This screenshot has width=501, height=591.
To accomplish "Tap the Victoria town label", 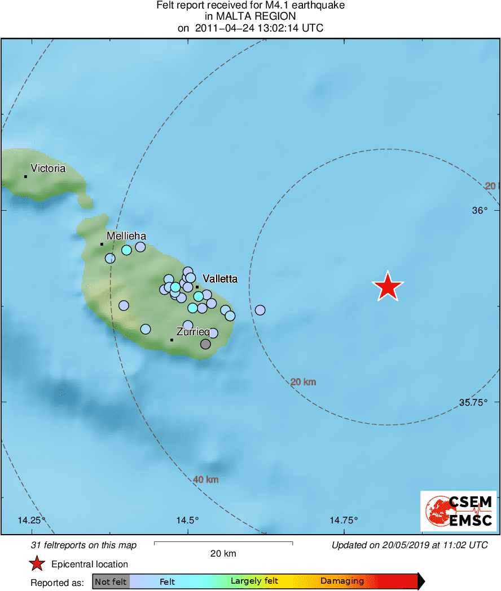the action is (x=48, y=168).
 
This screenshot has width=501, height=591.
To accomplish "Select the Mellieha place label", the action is (x=126, y=236).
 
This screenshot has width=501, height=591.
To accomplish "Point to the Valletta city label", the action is (x=219, y=279).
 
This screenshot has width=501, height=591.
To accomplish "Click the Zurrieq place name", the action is (x=193, y=332).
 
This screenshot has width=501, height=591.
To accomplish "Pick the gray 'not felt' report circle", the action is (x=205, y=344).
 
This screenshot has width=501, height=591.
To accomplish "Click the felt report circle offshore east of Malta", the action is (x=260, y=310).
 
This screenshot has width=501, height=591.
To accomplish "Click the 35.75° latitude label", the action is (x=473, y=402).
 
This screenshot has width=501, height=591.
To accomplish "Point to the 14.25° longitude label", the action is (x=32, y=520).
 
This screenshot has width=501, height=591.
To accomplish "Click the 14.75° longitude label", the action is (x=344, y=520).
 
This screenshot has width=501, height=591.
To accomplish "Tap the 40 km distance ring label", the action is (x=206, y=480).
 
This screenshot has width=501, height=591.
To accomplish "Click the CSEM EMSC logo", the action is (x=459, y=510).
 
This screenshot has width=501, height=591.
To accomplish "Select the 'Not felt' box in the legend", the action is (x=111, y=581).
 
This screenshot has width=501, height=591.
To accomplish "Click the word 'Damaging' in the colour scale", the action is (x=342, y=581).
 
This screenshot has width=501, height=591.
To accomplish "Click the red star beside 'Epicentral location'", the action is (x=37, y=563).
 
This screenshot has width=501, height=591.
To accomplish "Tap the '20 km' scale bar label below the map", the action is (x=223, y=553).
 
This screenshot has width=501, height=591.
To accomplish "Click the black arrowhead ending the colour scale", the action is (x=421, y=581).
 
